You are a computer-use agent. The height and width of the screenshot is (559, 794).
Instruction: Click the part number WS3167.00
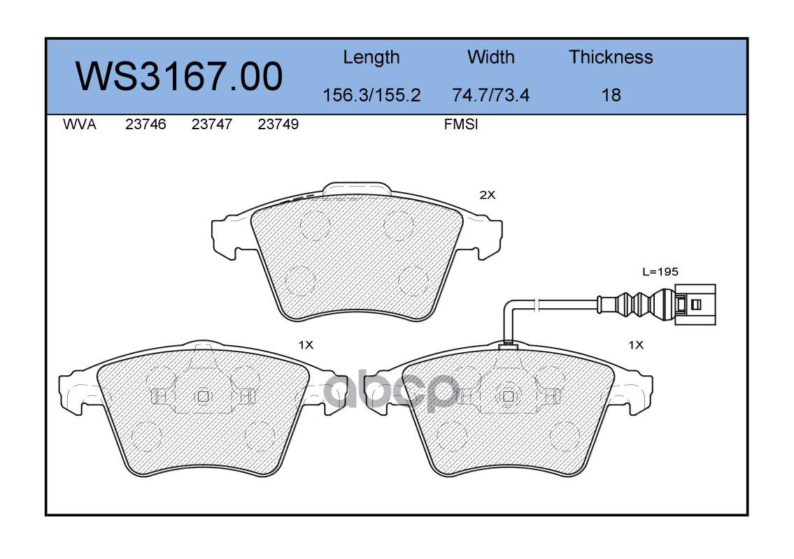[x=179, y=76]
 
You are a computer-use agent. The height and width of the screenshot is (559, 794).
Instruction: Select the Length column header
[x=371, y=58]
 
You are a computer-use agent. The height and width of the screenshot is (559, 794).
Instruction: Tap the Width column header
[x=490, y=57]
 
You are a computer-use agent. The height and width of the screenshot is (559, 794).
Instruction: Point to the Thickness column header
[x=611, y=57]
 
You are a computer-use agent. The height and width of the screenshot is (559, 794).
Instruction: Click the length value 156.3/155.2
[x=371, y=95]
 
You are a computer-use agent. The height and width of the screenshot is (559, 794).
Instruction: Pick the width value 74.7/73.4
[x=490, y=95]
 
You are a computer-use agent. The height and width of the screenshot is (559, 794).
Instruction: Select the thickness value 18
[x=611, y=95]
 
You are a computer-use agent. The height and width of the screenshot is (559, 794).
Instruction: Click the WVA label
[x=80, y=124]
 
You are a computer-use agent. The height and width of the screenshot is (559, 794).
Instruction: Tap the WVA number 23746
[x=146, y=124]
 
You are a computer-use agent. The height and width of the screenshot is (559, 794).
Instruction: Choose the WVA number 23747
[x=212, y=124]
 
